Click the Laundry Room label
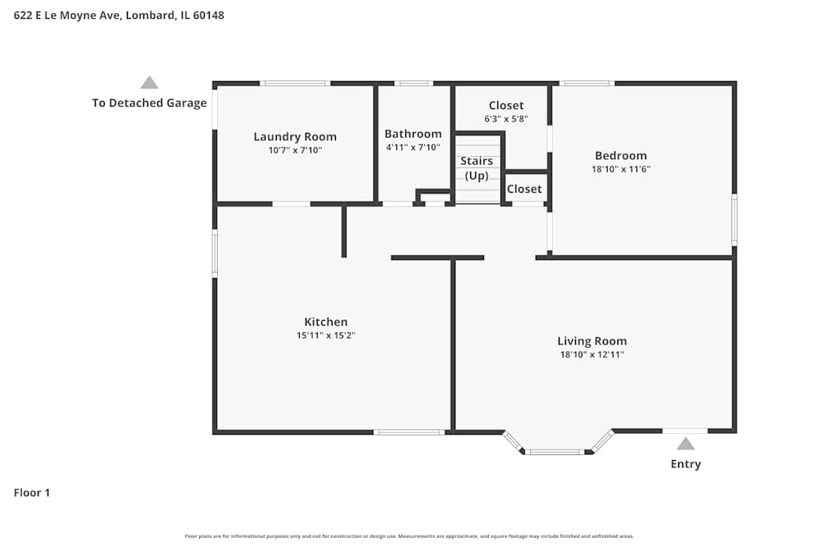pos(295,137)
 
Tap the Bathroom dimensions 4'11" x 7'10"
pos(413,148)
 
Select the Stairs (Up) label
pos(476,168)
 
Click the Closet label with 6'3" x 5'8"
pos(506,106)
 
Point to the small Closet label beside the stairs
pos(524,189)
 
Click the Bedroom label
pos(621,156)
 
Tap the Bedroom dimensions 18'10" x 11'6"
pos(621,169)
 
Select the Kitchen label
pos(326,322)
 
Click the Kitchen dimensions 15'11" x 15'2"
pos(326,335)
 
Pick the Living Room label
pos(592,341)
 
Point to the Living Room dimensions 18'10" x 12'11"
pos(592,354)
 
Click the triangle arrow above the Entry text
pos(686,444)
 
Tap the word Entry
pos(686,464)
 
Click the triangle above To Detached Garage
pos(149,82)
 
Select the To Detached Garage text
pos(149,103)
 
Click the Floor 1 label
pos(32,493)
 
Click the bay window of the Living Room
pos(556,450)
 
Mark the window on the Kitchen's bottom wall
pos(409,431)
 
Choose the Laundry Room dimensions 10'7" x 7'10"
pos(295,150)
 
